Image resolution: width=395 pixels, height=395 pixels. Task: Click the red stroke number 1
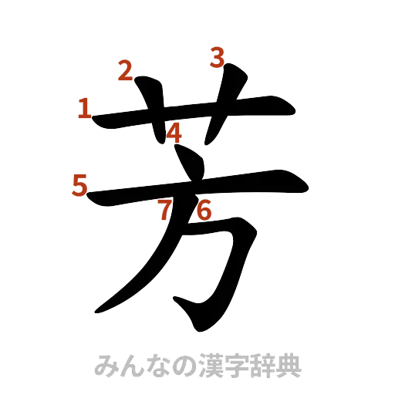[x=83, y=108]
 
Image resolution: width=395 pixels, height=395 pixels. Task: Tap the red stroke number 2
[x=126, y=71]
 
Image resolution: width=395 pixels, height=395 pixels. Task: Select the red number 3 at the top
[x=218, y=56]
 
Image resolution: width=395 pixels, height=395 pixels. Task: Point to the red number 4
[x=175, y=133]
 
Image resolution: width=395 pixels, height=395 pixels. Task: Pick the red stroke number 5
[x=79, y=185]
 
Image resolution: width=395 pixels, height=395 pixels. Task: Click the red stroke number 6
[x=204, y=210]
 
